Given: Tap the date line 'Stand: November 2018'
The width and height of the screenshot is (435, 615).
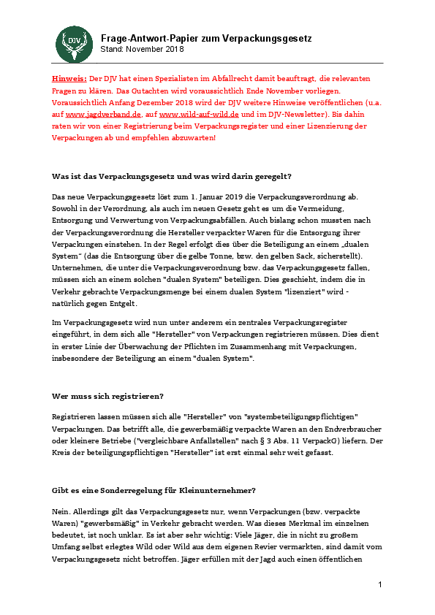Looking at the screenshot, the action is pyautogui.click(x=143, y=49).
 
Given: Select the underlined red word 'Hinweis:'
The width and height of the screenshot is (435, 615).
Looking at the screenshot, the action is pyautogui.click(x=69, y=77).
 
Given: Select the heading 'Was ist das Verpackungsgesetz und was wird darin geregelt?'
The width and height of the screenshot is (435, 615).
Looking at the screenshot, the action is pyautogui.click(x=172, y=177).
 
